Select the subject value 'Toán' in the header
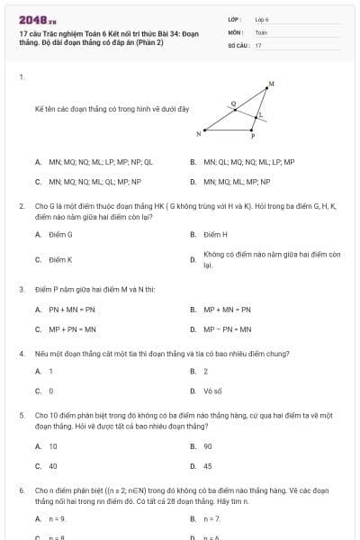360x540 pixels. tap(261, 31)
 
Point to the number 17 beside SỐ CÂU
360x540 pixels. tap(258, 44)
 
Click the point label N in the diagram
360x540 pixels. tap(198, 134)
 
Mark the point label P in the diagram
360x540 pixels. tap(253, 137)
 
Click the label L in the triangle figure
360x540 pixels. tap(261, 115)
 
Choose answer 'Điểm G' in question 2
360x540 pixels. tap(60, 234)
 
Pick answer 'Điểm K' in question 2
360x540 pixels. tap(60, 259)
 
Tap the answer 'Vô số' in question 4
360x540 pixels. tap(212, 391)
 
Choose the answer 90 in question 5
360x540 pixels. tap(207, 446)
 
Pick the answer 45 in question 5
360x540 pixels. tap(207, 466)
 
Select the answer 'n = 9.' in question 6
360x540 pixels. tap(58, 519)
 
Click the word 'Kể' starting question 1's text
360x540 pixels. tap(39, 109)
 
